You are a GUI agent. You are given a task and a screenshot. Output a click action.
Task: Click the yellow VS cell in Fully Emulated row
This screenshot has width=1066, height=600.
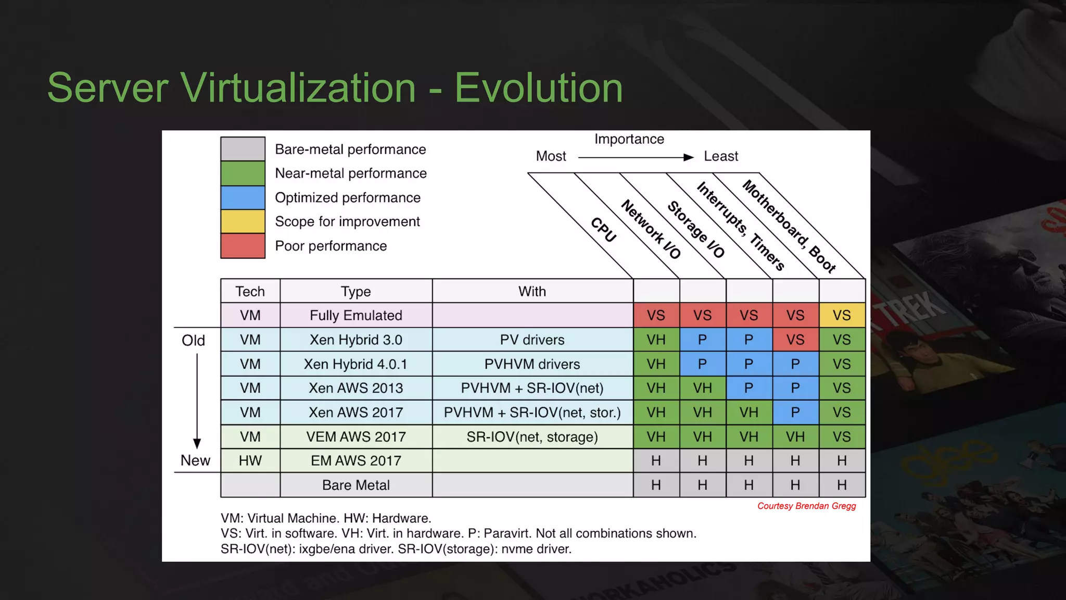click(842, 315)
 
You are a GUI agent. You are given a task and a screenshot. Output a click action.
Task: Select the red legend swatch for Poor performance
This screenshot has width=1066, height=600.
click(243, 246)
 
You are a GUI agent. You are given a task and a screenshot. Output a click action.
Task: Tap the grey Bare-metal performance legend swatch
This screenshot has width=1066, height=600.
click(243, 149)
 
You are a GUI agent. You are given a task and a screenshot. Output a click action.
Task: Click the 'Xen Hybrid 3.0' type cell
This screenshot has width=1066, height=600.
click(356, 340)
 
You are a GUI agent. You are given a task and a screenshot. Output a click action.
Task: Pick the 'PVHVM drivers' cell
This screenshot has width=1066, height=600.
click(532, 364)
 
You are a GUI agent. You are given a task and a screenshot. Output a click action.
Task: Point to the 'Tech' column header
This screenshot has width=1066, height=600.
click(250, 291)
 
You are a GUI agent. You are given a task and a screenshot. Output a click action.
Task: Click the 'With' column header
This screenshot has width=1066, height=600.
click(532, 291)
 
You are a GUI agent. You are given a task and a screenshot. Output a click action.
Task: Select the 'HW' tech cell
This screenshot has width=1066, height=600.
click(250, 461)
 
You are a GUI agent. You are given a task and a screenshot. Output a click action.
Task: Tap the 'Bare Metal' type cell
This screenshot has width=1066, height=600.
click(356, 485)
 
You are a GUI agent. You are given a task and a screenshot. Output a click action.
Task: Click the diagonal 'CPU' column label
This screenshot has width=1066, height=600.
click(604, 230)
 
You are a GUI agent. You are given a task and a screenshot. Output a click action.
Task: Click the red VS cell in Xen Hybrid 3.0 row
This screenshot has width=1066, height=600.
click(795, 340)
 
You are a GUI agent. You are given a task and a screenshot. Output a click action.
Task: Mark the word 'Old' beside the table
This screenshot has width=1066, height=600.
click(193, 341)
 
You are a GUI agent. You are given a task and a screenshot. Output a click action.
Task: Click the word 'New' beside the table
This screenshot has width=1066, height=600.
click(195, 460)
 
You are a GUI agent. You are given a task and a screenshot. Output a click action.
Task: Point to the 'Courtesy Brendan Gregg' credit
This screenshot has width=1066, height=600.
click(806, 506)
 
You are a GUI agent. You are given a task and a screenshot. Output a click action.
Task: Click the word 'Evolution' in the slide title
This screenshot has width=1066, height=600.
click(538, 87)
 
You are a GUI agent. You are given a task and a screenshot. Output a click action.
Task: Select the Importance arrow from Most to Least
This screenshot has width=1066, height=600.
click(636, 157)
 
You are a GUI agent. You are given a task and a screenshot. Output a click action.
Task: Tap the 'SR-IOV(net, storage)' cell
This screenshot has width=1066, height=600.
click(532, 436)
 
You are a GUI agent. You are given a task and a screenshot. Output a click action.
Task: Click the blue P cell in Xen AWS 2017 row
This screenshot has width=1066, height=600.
click(795, 413)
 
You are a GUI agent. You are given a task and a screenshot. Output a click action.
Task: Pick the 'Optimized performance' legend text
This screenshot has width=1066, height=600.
click(347, 198)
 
